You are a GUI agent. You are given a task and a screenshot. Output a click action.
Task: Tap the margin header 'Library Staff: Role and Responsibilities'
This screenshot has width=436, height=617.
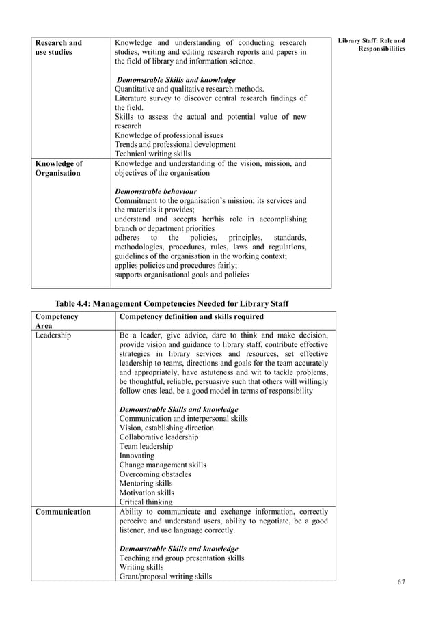[x=372, y=46]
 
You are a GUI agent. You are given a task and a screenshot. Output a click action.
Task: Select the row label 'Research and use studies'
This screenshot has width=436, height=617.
[x=58, y=47]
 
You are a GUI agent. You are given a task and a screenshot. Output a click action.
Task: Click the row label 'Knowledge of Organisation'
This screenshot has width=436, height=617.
[x=58, y=168]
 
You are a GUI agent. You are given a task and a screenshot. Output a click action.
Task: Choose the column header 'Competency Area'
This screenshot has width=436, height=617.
[x=56, y=321]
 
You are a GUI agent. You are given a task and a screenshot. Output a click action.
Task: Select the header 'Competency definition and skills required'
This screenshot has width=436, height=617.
[x=191, y=317]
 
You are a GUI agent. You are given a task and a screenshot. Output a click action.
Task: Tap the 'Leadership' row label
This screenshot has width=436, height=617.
[x=53, y=335]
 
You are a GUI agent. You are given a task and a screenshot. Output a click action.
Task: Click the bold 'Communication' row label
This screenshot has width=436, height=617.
[x=63, y=511]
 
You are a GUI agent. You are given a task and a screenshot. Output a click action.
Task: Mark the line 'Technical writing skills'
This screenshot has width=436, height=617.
[x=152, y=154]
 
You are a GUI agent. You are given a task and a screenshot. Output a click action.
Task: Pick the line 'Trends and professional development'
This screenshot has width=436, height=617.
[x=175, y=144]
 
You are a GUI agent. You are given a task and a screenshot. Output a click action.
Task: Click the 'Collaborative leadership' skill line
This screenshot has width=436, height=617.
[x=159, y=437]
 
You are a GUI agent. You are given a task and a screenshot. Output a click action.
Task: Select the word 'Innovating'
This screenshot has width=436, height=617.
[x=137, y=455]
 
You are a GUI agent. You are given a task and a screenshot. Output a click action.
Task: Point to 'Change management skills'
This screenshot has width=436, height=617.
[x=163, y=465]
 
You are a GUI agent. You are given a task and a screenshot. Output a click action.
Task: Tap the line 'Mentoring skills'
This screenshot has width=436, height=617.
[x=146, y=483]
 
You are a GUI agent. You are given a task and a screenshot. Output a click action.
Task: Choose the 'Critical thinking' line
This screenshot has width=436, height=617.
[x=146, y=502]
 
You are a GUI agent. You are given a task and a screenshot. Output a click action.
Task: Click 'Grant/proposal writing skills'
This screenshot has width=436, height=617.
[x=165, y=576]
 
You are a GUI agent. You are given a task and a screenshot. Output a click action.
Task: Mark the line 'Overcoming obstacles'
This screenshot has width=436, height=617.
[x=155, y=474]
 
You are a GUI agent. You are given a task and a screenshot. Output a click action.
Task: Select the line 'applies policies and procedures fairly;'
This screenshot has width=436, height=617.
[x=176, y=265]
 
